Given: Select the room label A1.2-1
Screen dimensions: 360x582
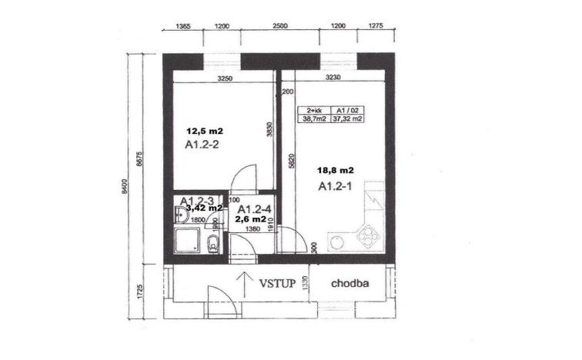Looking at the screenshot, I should tap(335, 187).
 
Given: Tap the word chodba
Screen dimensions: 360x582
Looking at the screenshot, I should tap(350, 282).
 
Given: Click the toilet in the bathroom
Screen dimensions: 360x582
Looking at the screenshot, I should tap(213, 245).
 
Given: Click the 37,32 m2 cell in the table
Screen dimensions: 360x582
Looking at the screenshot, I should tap(349, 118).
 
